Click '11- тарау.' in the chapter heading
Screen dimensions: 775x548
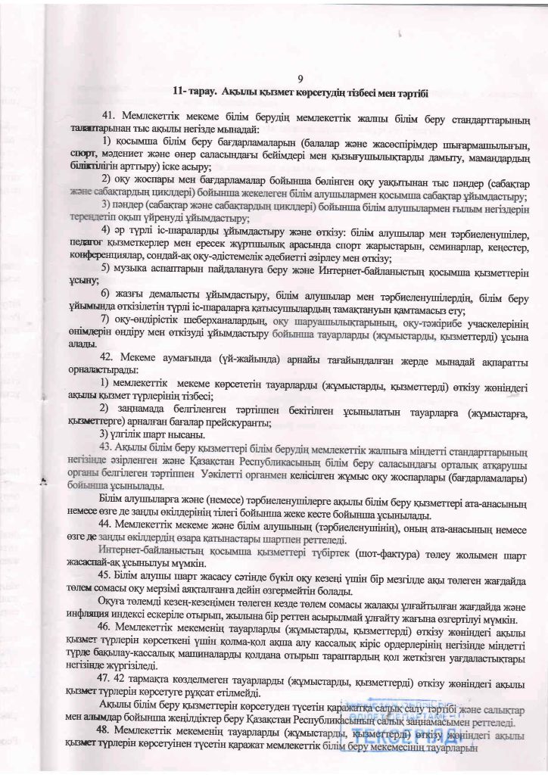coord(195,92)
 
